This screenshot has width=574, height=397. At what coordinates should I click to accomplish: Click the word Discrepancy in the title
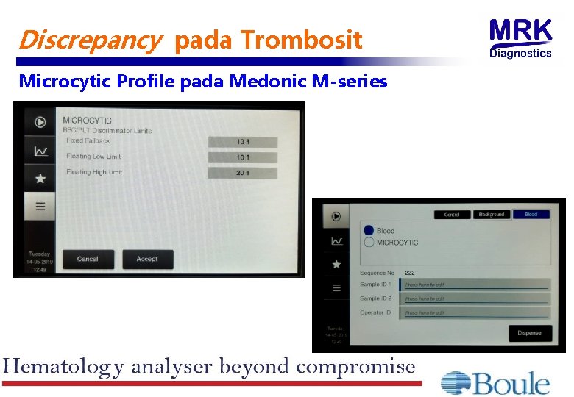tap(87, 40)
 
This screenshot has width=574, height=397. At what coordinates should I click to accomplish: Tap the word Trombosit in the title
tap(302, 40)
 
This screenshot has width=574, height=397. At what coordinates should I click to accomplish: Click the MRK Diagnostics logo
tap(520, 38)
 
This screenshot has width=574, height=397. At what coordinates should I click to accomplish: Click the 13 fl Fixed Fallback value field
tap(242, 142)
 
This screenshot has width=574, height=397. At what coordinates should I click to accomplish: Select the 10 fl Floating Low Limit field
tap(242, 157)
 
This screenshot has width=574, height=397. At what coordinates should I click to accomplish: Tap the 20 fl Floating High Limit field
tap(242, 173)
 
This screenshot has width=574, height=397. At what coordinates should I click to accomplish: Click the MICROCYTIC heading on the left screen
tap(87, 120)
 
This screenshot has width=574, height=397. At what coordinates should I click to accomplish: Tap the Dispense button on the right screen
tap(529, 333)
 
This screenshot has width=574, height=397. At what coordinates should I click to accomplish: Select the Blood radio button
tap(369, 231)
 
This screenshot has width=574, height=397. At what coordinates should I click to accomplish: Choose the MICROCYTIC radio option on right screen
tap(369, 243)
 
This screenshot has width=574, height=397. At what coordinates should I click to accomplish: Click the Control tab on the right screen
tap(452, 215)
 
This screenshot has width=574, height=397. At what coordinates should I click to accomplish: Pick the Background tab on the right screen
tap(491, 215)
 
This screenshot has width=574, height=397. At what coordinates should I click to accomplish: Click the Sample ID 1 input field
tap(475, 285)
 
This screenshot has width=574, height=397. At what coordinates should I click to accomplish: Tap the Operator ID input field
tap(475, 312)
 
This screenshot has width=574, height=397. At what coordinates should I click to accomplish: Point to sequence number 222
tap(410, 273)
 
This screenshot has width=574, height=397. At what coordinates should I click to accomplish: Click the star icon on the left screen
tap(40, 178)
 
